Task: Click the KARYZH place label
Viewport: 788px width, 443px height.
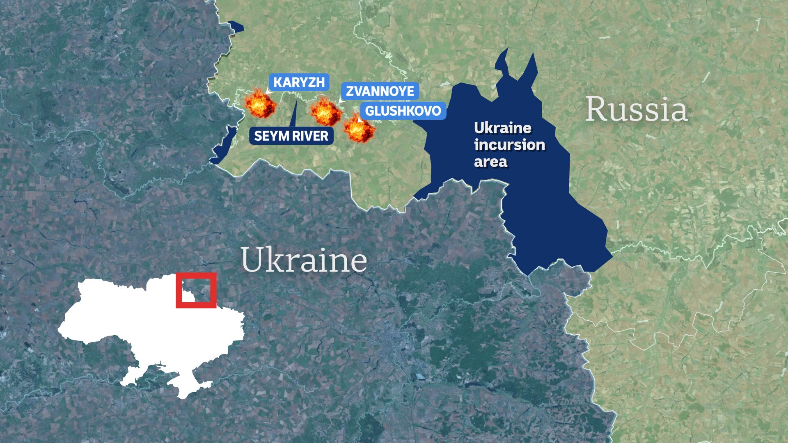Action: click(x=299, y=82)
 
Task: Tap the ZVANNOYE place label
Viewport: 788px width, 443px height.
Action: click(x=380, y=91)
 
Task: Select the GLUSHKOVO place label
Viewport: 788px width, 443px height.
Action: click(x=403, y=111)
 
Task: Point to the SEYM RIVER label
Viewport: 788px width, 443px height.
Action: click(x=291, y=136)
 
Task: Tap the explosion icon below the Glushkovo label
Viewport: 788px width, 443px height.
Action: click(x=359, y=129)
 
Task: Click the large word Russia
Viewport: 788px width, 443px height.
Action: click(x=636, y=110)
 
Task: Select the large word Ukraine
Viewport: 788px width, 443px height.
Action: click(x=304, y=260)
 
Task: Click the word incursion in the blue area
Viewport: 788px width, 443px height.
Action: click(x=509, y=145)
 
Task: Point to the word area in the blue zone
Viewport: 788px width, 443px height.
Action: click(x=491, y=162)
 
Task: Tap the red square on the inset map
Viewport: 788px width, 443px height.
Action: click(x=196, y=290)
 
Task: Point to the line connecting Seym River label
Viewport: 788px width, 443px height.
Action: click(x=294, y=113)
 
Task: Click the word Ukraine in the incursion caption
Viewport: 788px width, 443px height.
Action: click(x=502, y=128)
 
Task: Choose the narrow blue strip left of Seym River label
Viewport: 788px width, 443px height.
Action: click(x=224, y=146)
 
